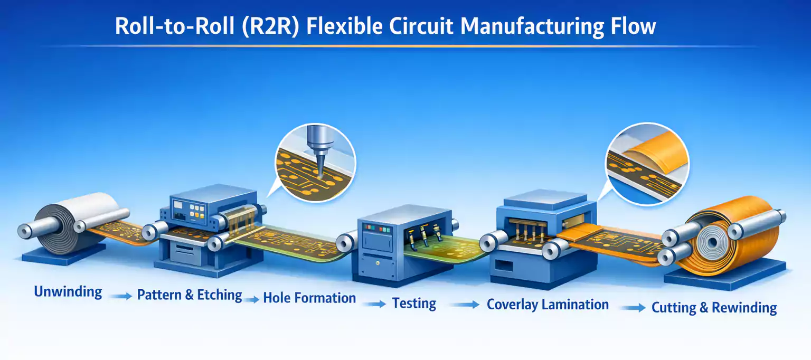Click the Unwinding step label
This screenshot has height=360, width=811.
(68, 291)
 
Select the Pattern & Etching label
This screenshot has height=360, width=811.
(190, 295)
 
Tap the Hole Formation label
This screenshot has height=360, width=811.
(309, 298)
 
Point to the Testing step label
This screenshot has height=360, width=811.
(414, 304)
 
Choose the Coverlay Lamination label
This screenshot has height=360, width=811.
(548, 305)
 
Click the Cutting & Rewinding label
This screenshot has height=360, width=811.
(714, 308)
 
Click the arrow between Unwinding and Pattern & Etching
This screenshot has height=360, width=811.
(120, 296)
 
